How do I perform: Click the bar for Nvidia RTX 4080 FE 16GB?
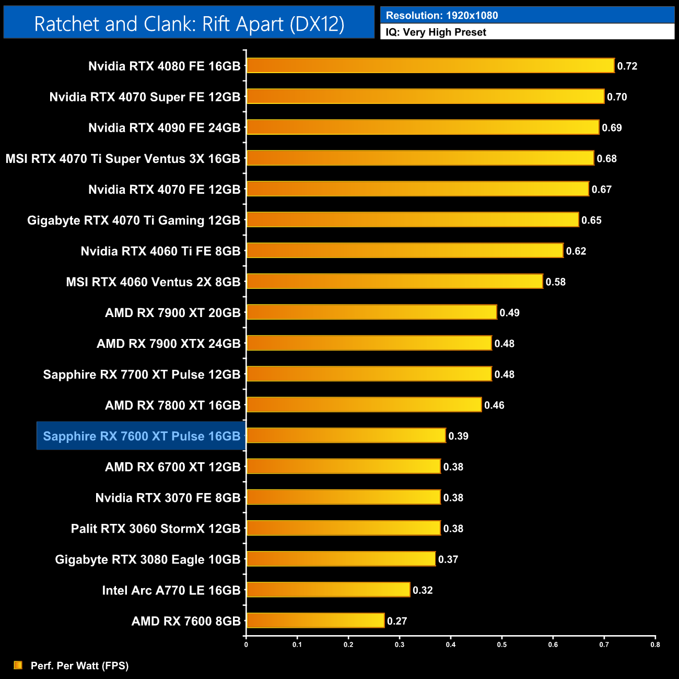[x=430, y=66]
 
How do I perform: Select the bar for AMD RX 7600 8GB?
[x=315, y=621]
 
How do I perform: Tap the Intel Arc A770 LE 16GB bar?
[x=328, y=590]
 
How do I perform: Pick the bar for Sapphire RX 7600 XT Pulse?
[x=346, y=436]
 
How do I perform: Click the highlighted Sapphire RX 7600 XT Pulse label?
[x=142, y=436]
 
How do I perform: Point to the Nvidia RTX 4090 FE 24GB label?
[x=164, y=128]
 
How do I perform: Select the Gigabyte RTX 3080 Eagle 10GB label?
[x=147, y=559]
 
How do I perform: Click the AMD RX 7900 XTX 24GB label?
[x=168, y=344]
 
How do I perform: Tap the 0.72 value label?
[x=627, y=66]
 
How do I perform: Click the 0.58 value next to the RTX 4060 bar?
[x=555, y=282]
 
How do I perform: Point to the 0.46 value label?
[x=494, y=405]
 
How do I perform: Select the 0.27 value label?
[x=396, y=621]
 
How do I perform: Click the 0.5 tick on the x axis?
[x=501, y=645]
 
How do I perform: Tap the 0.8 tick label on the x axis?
[x=655, y=645]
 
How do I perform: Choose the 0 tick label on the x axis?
[x=246, y=645]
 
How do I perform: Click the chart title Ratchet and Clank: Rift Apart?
[x=189, y=24]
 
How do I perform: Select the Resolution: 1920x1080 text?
[x=441, y=16]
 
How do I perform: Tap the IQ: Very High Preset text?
[x=436, y=32]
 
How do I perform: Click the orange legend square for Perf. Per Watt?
[x=18, y=665]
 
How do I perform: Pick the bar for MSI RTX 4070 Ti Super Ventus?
[x=420, y=158]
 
